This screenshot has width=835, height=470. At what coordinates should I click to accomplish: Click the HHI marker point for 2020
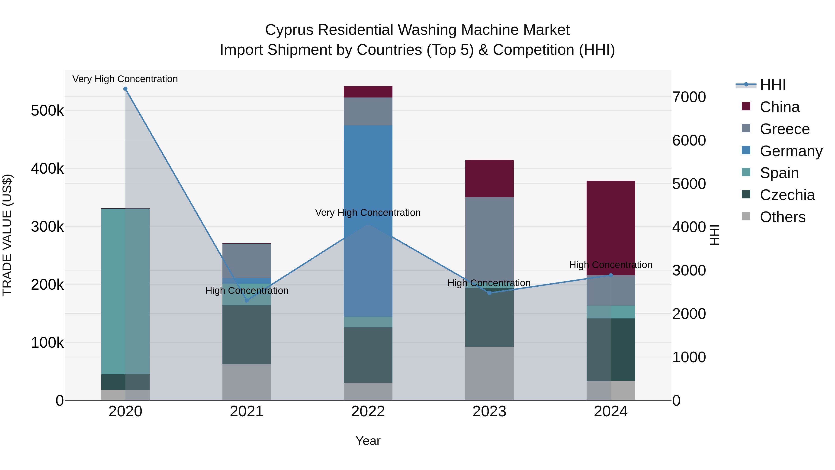click(125, 89)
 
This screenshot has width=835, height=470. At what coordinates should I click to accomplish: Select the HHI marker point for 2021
click(247, 300)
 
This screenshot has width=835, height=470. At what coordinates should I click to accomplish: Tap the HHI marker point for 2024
click(611, 275)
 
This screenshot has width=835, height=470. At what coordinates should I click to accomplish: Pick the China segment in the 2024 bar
click(611, 227)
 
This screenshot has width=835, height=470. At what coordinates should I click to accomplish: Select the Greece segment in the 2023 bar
click(489, 237)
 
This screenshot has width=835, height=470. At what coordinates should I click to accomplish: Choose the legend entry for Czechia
click(787, 195)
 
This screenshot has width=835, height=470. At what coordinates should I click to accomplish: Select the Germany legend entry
click(791, 151)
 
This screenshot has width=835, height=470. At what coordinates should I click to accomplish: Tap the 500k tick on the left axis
click(47, 111)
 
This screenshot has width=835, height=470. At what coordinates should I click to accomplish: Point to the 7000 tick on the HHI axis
click(689, 97)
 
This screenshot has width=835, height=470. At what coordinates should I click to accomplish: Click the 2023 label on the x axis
click(489, 412)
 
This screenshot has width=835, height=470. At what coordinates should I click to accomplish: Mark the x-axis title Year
click(368, 441)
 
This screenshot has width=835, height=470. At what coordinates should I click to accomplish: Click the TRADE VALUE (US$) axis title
click(7, 235)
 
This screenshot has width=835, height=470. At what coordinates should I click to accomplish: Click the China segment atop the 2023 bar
click(489, 178)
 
